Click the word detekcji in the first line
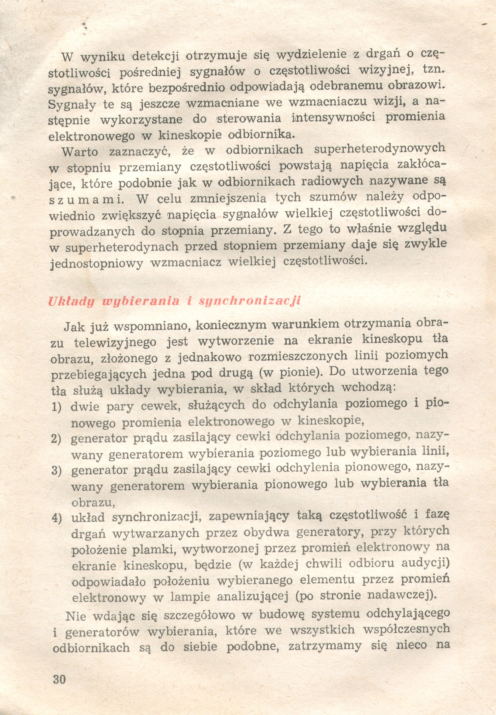coord(156,56)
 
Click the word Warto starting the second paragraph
coord(80,152)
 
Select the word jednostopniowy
coord(97,263)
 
